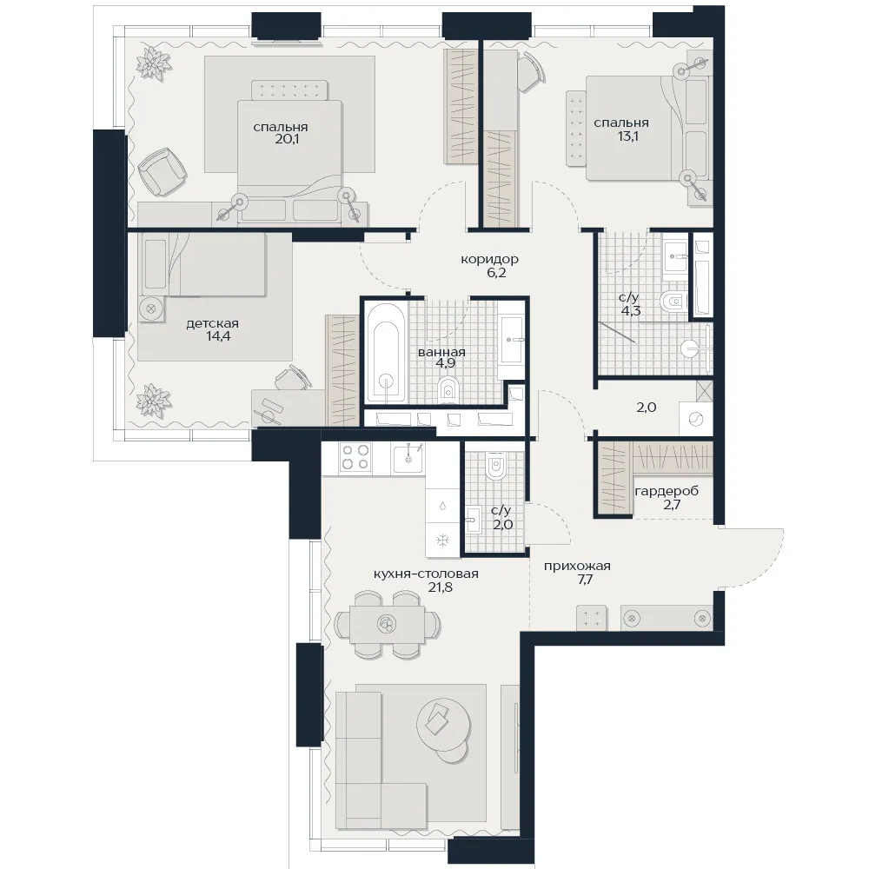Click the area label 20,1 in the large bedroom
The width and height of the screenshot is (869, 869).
pos(287,139)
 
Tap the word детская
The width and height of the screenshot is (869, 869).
pos(212,323)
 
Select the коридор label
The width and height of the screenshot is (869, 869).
pos(489,259)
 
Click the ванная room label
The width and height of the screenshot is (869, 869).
pos(441,352)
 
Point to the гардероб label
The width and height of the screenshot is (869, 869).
pos(667,491)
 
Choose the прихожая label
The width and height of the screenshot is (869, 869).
pos(577,567)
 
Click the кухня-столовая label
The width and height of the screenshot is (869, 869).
pos(426,574)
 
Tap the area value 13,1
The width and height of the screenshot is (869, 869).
pos(628,136)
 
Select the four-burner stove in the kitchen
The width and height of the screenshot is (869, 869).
pos(355,457)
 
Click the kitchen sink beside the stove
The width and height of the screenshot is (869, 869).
pos(408,458)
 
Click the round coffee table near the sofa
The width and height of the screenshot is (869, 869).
pos(443,726)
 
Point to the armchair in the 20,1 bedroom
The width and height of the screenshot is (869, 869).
pos(162,170)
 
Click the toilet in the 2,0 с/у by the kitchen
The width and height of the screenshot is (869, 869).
pos(494,464)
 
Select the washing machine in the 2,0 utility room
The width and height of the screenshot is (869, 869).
pos(695,420)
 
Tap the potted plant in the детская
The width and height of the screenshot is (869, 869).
pos(153,400)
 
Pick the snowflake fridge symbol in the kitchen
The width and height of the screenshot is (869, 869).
pos(443,540)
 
